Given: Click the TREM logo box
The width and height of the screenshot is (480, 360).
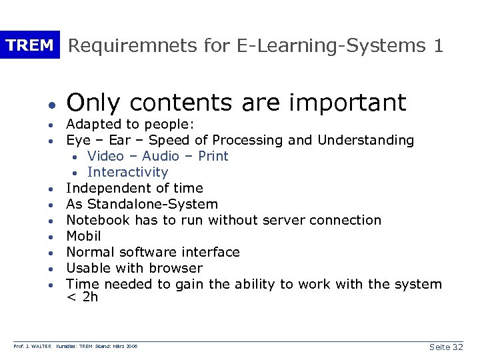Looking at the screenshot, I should point(29,45).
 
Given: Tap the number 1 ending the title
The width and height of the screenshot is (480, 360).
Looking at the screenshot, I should point(438,45).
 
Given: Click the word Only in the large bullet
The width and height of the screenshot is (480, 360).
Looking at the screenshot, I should point(94,102).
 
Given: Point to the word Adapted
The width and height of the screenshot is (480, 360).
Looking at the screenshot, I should point(92,125).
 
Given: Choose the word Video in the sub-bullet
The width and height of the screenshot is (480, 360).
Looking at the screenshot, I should point(105,156).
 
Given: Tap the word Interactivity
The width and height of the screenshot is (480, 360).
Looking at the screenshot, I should point(128,172).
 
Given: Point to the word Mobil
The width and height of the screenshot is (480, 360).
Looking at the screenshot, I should point(83,236).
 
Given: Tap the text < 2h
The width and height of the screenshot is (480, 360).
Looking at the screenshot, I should point(82,297).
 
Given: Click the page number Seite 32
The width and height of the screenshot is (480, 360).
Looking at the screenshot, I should point(446,347).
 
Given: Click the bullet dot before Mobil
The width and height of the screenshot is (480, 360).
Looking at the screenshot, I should point(51,237).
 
